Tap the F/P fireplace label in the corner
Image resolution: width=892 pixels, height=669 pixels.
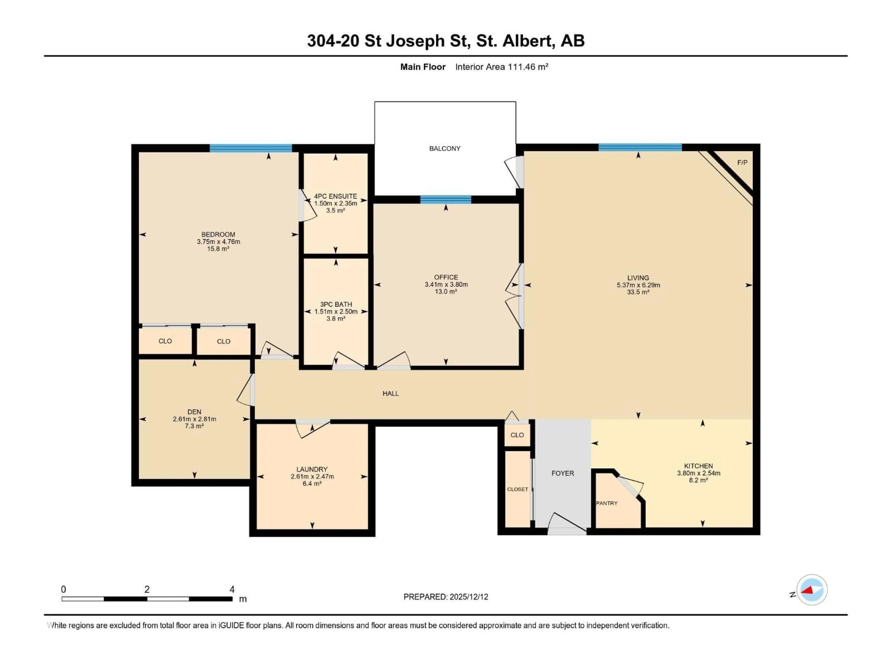(742, 163)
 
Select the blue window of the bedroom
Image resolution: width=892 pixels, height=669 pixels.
(250, 148)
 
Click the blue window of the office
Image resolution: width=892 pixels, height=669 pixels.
(446, 200)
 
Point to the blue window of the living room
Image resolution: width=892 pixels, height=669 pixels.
(640, 148)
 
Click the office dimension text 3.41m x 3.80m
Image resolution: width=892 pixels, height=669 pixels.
(446, 284)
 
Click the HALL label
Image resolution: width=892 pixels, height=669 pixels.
(390, 394)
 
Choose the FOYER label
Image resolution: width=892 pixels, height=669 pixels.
(563, 473)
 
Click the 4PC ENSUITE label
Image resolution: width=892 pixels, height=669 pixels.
(335, 196)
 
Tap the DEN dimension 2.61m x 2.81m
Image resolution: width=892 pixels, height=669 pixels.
(194, 419)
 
